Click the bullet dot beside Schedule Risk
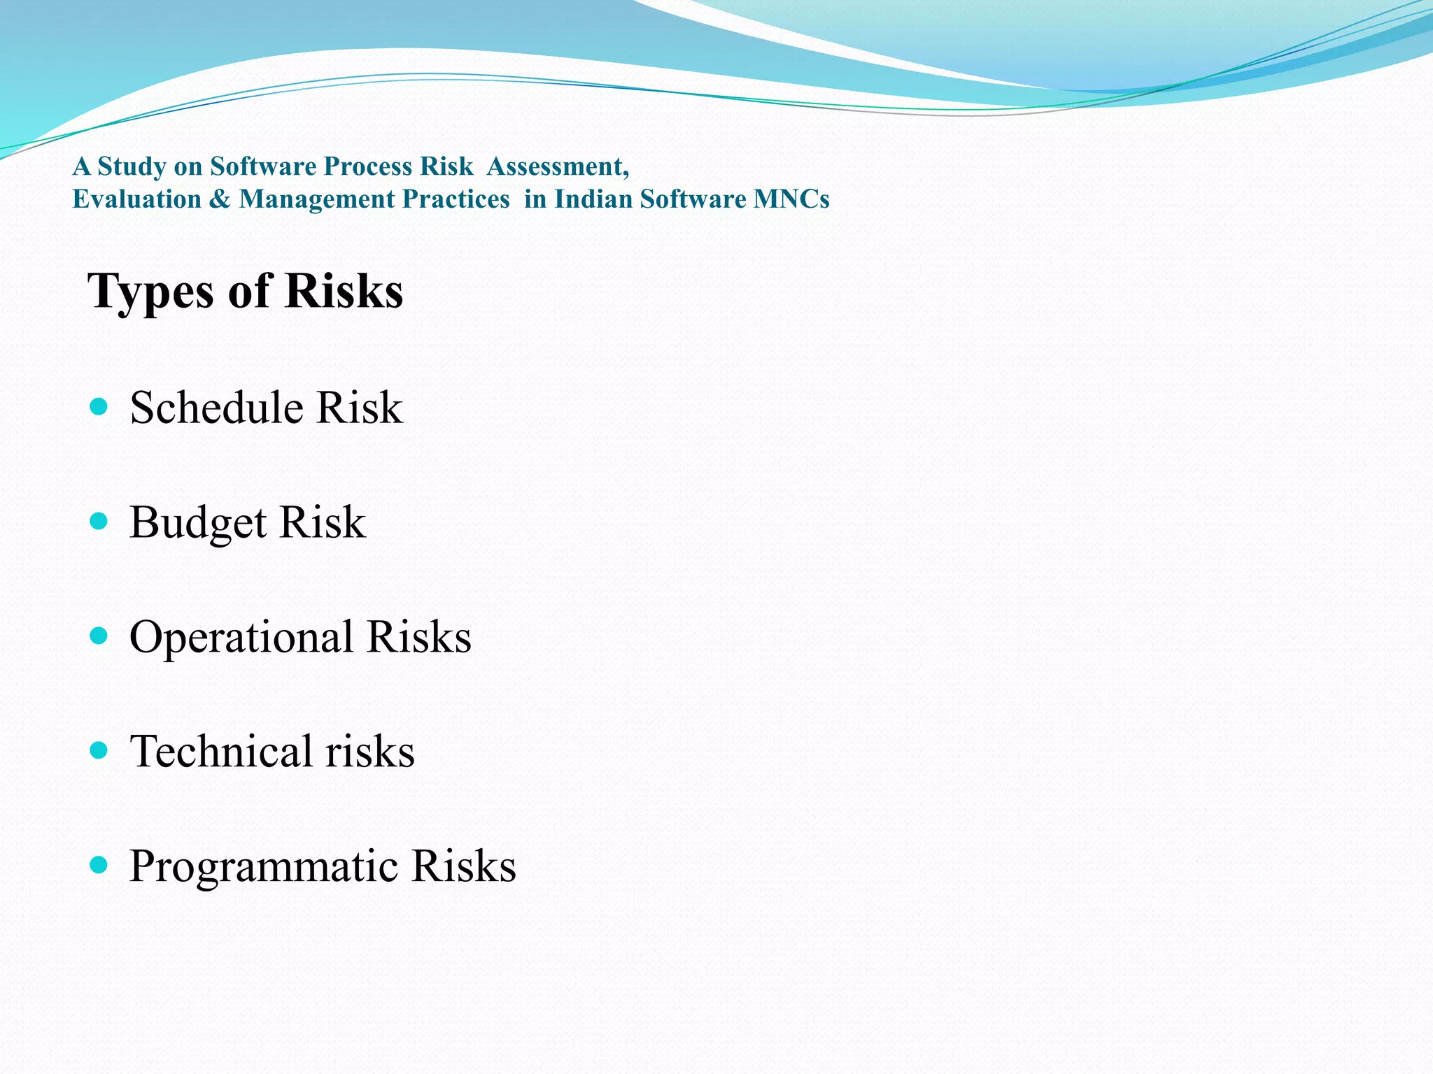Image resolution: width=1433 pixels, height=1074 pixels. [99, 406]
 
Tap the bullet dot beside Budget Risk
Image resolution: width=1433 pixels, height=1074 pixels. [99, 521]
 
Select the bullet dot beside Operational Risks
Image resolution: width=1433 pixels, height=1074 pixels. [99, 636]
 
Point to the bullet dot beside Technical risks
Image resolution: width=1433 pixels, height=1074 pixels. [99, 751]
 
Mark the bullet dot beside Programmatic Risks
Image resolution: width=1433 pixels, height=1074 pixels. [99, 866]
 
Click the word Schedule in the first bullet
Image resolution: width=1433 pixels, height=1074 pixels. [218, 408]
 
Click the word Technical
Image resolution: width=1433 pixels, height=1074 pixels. [221, 752]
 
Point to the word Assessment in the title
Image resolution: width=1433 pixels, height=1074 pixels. [558, 166]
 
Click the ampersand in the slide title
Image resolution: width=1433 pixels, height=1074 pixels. [220, 199]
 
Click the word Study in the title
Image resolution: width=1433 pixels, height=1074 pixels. [132, 167]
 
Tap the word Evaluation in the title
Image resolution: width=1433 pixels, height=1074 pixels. [137, 199]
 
